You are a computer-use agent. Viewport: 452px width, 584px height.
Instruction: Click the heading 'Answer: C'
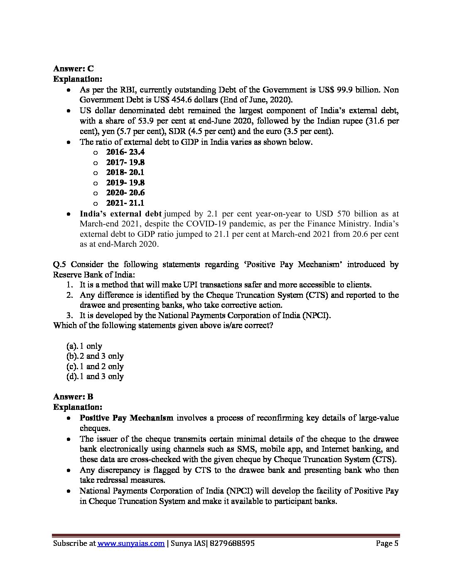pos(73,69)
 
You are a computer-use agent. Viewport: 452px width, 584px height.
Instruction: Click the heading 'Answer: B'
pos(73,397)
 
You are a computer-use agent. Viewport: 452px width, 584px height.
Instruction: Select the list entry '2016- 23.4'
pos(125,152)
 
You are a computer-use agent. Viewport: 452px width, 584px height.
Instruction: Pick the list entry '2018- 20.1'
pos(125,173)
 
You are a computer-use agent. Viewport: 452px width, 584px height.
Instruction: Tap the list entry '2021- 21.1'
pos(125,203)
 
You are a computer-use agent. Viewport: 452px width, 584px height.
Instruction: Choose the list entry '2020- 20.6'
pos(125,193)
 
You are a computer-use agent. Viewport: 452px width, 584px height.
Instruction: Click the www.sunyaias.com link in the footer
pos(131,543)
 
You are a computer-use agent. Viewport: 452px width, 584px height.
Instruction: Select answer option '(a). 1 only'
pos(84,346)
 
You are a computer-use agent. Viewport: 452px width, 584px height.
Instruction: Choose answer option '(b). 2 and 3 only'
pos(95,356)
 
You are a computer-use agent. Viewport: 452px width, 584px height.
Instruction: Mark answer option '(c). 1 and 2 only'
pos(95,366)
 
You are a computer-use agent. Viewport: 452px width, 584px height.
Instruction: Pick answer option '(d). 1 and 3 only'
pos(95,377)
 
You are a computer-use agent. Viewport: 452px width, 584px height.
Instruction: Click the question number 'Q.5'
pos(59,265)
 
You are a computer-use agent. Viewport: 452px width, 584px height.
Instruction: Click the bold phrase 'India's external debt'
pos(120,214)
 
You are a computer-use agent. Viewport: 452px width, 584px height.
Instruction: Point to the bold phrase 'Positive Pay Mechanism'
pos(126,418)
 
